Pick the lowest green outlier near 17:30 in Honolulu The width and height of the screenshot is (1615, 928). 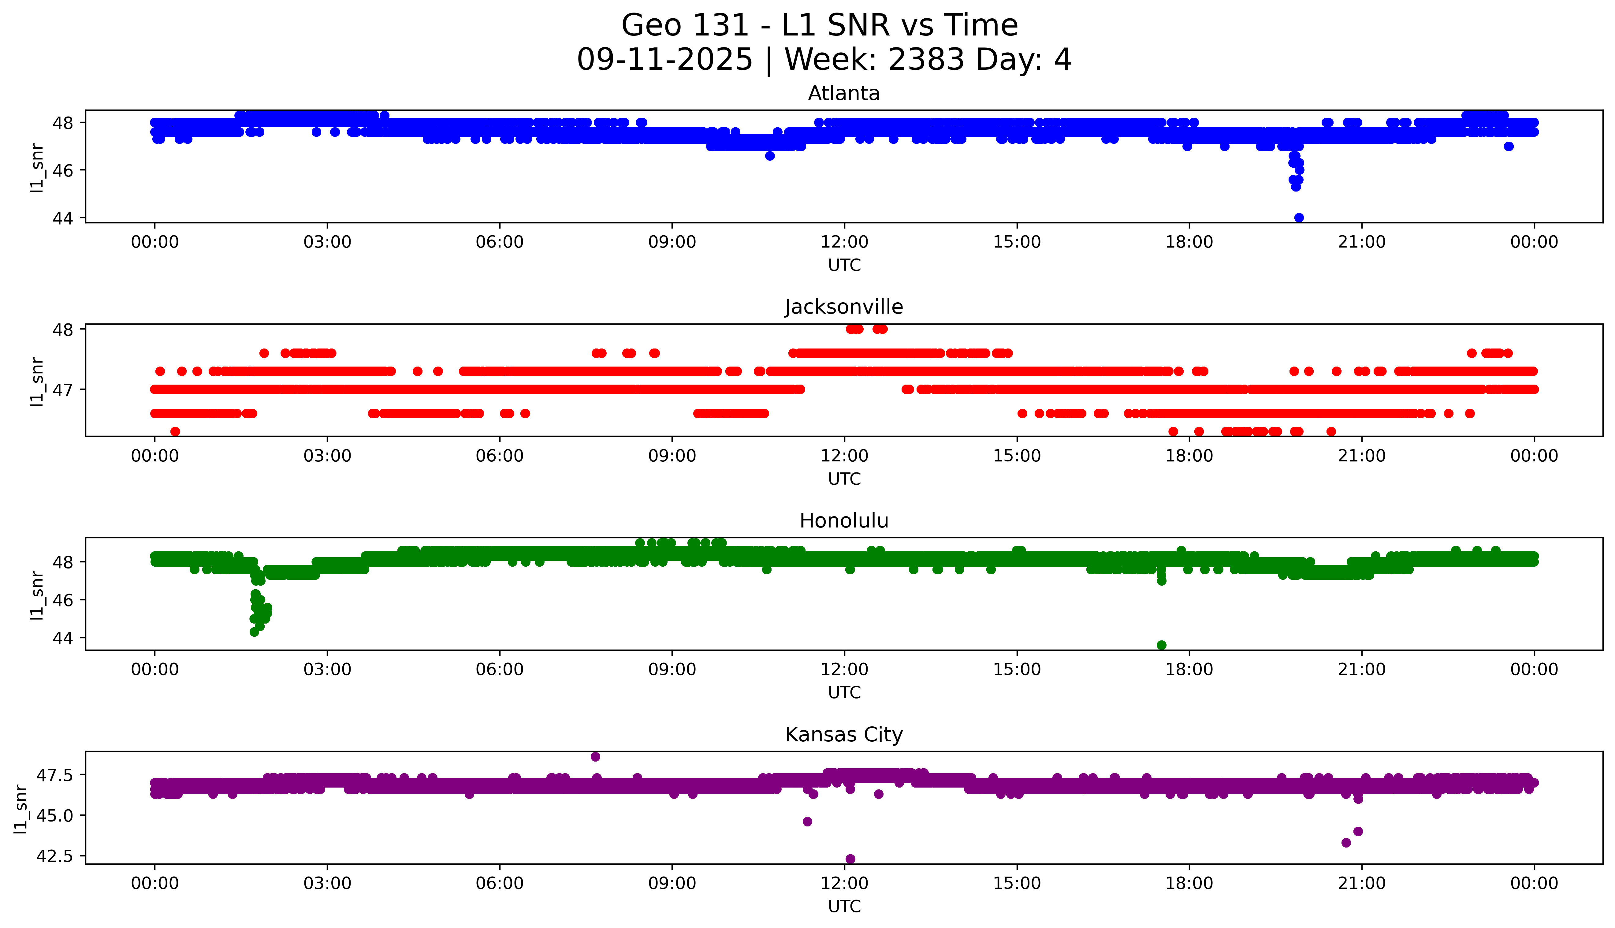coord(1161,645)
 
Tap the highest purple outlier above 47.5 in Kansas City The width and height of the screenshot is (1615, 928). coord(595,757)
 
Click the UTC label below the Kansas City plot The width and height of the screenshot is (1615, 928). coord(844,906)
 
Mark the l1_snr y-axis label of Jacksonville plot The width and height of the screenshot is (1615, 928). coord(37,381)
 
